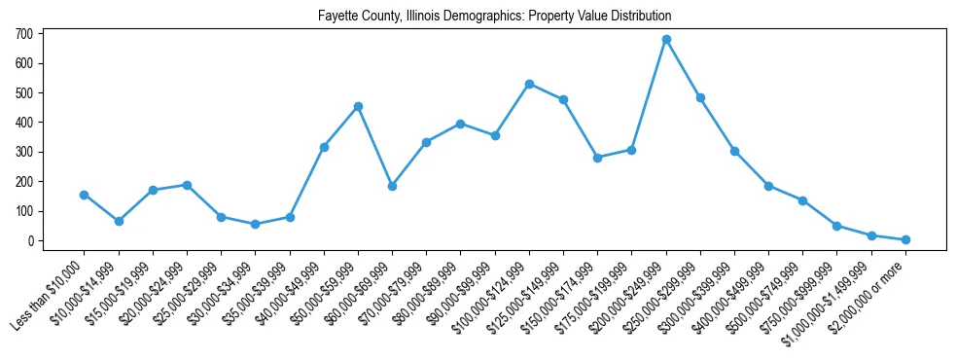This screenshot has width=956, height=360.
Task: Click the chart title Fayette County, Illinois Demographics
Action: [495, 17]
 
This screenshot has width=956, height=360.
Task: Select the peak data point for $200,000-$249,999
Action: [666, 40]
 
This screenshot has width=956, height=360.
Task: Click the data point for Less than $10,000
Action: [85, 195]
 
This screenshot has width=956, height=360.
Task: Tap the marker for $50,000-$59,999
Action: [358, 106]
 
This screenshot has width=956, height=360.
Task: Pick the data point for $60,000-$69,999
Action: [392, 186]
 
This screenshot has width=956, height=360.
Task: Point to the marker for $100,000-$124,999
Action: [529, 84]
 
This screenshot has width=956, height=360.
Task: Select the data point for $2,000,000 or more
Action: [905, 239]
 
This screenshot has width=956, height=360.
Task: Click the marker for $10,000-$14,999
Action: [119, 221]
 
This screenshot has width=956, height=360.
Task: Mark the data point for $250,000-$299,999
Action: [700, 97]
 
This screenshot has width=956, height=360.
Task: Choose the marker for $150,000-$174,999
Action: [597, 158]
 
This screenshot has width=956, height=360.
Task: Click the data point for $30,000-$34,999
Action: [255, 224]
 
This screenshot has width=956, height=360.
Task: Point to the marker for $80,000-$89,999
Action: [460, 124]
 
